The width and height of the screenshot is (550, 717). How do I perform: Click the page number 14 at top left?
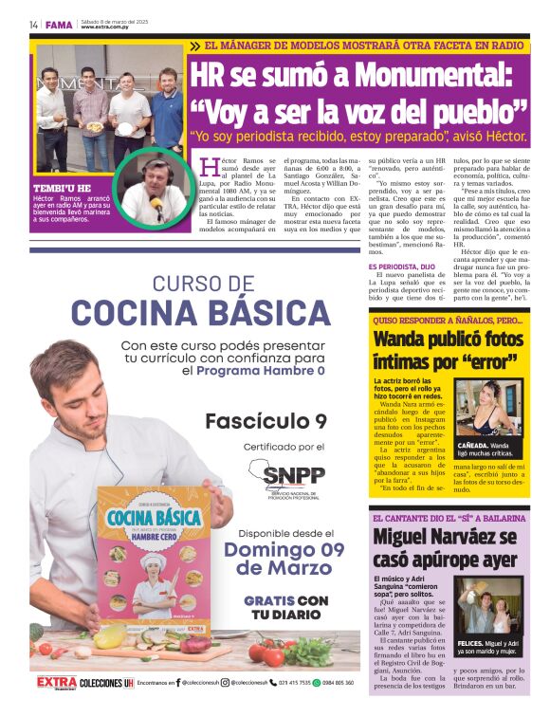pyautogui.click(x=33, y=24)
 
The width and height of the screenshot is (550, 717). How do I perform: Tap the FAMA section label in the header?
pyautogui.click(x=59, y=24)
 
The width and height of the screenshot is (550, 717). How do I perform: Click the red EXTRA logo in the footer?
pyautogui.click(x=56, y=682)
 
